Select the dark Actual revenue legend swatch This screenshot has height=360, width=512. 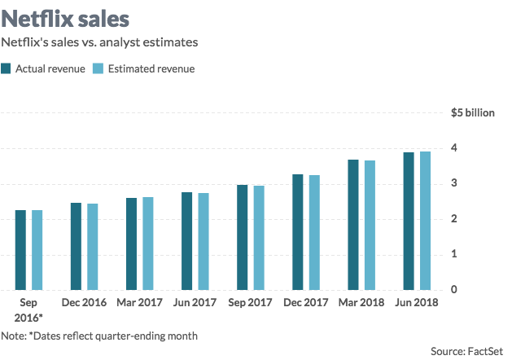pos(7,68)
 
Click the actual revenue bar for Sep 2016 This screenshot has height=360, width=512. pos(20,250)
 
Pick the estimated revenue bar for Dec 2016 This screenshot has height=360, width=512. pos(92,247)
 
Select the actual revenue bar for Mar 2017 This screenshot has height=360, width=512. pos(132,244)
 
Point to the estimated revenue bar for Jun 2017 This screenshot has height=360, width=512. pos(203,241)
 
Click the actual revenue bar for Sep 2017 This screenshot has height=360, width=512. pos(243,237)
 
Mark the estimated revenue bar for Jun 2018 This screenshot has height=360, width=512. pos(425,221)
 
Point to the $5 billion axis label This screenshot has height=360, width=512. pos(472,112)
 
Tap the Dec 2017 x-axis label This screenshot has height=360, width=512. pos(305,303)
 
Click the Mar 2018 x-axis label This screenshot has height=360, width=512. pos(361,303)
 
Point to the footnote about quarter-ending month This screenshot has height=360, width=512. pos(99,336)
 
